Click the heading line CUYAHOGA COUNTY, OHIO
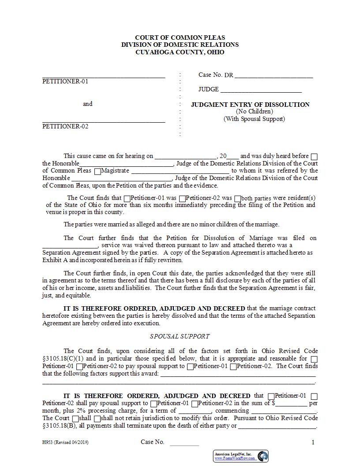point(179,52)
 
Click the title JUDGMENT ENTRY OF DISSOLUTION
point(250,105)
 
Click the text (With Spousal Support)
point(254,119)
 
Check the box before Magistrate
point(97,171)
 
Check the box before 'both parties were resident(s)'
point(238,199)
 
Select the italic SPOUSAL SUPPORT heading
point(180,336)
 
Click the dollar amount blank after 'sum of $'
point(291,403)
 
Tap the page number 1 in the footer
point(313,442)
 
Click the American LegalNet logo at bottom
point(241,456)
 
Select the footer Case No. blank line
point(184,444)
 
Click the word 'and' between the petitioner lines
point(88,104)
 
